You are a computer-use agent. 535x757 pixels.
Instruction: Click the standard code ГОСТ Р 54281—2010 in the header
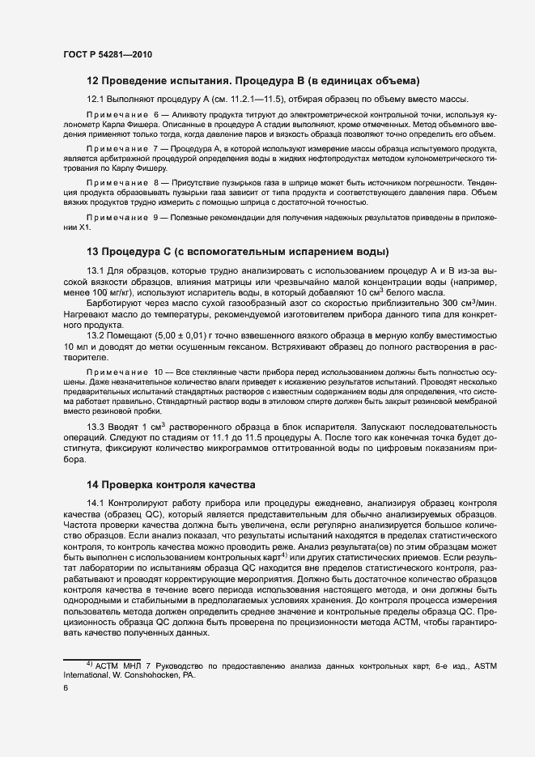click(x=107, y=54)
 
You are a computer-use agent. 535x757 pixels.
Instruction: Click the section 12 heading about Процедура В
click(x=253, y=81)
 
